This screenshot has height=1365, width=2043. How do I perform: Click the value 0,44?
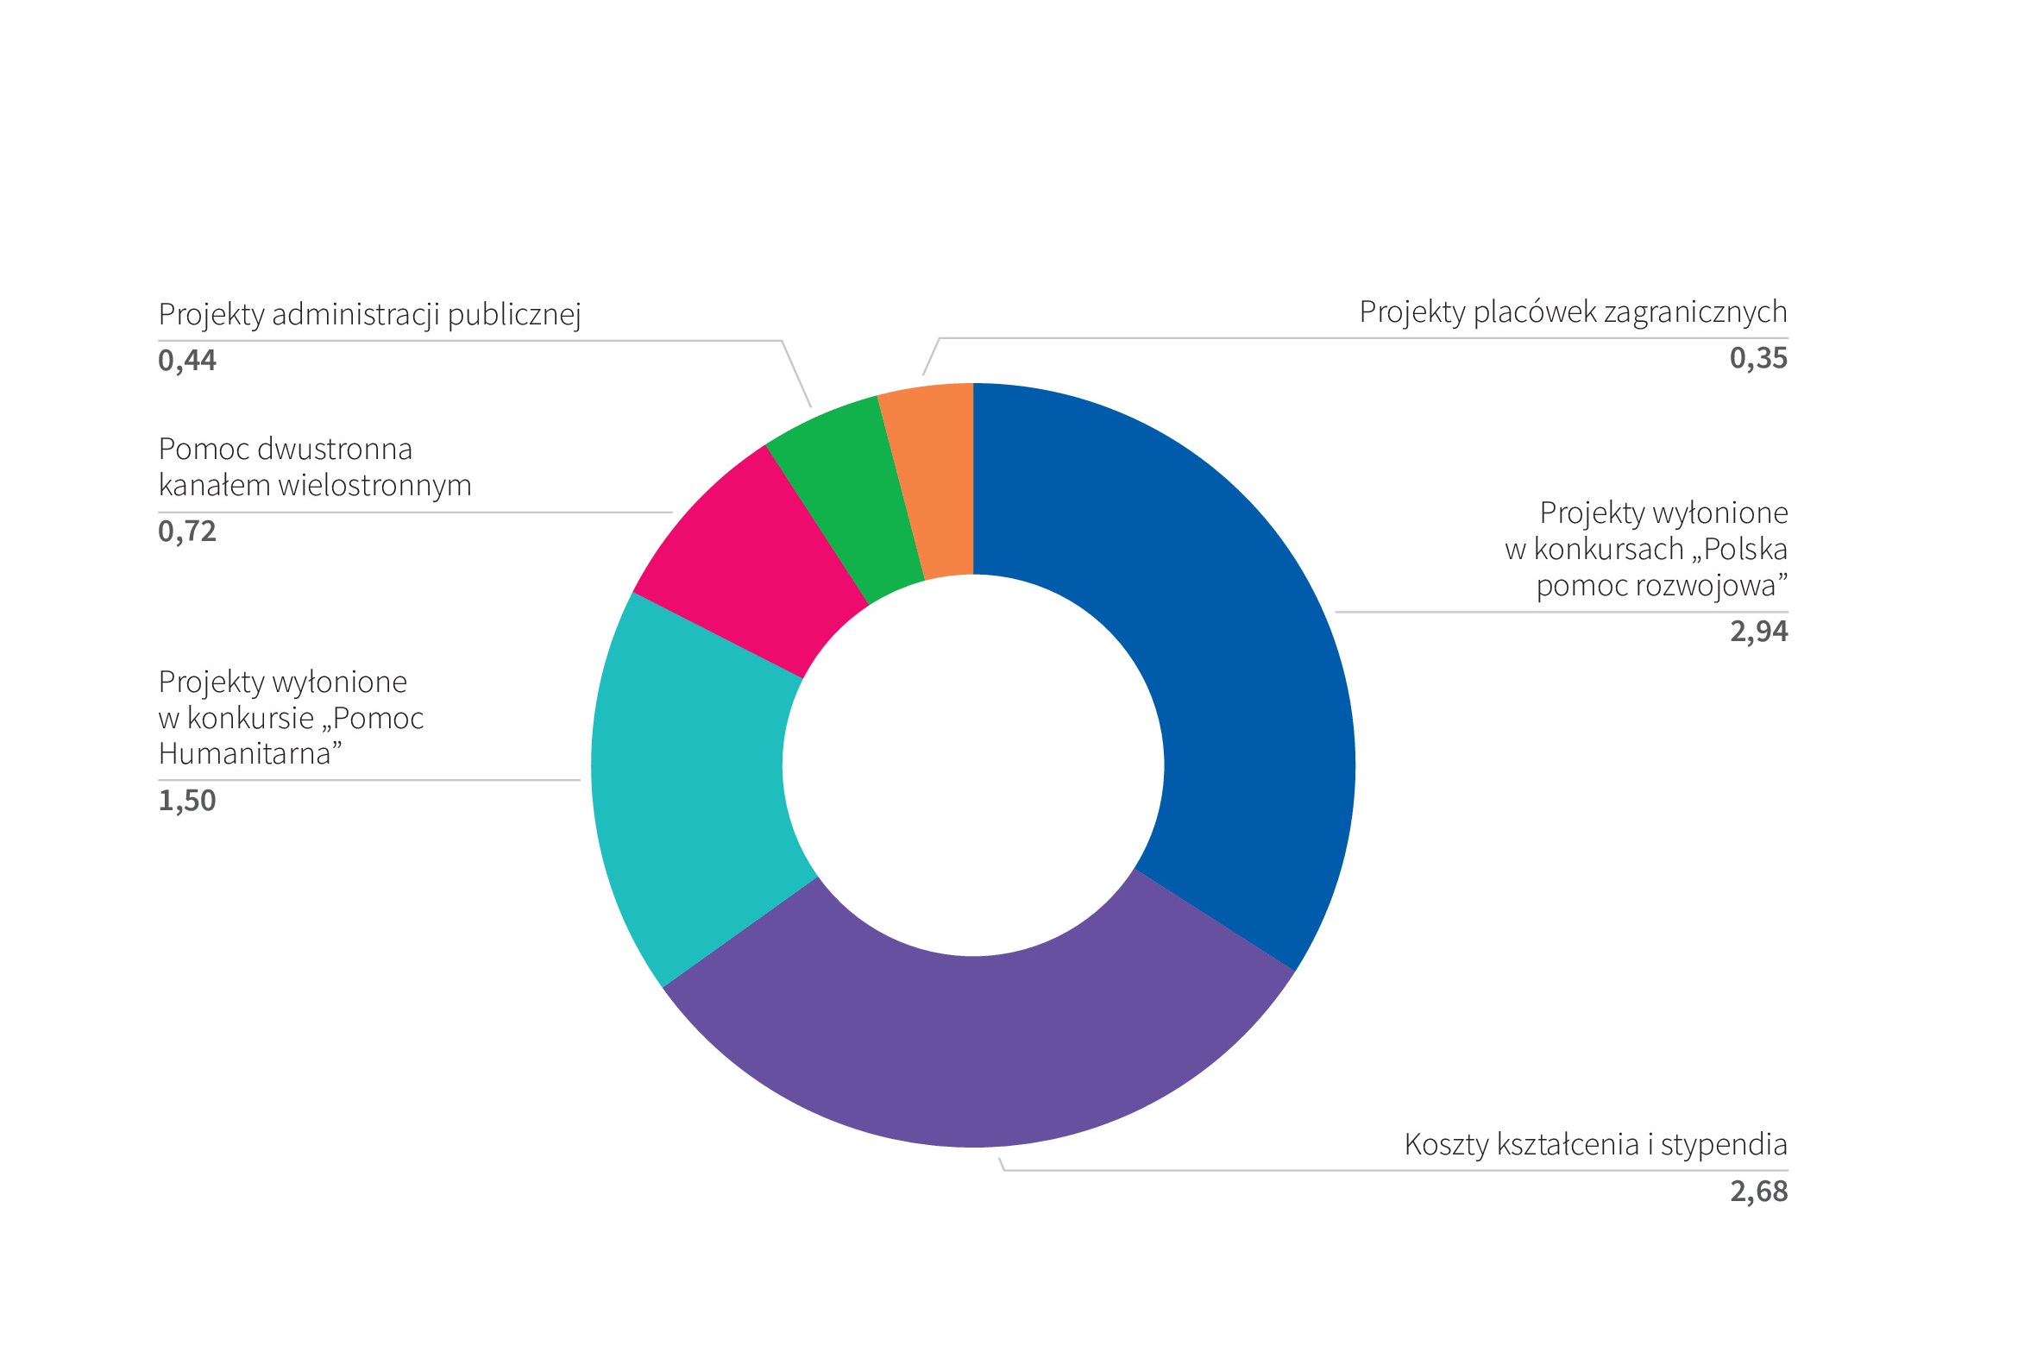[187, 361]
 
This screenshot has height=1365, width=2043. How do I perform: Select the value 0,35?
[1758, 359]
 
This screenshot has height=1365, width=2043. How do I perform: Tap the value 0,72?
[187, 531]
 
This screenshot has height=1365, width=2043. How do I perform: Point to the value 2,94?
[1758, 631]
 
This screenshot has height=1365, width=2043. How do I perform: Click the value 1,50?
[187, 801]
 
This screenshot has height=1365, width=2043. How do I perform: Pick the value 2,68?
[1758, 1191]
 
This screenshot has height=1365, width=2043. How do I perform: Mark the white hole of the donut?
[973, 766]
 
